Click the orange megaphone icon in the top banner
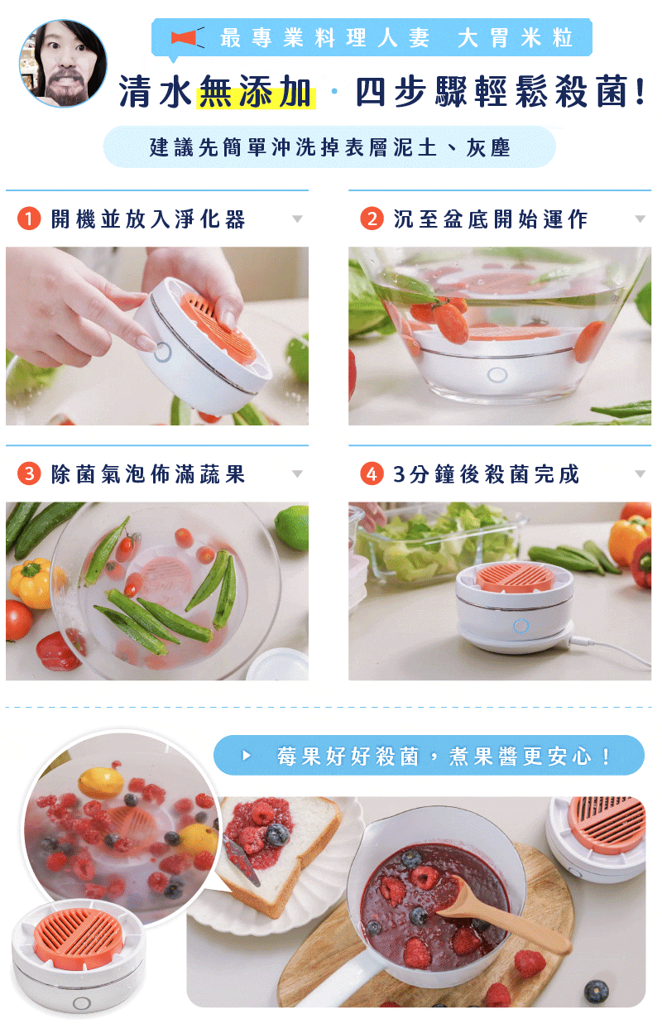point(187,37)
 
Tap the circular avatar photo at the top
point(63,63)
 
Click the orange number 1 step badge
point(29,219)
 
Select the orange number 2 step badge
point(372,219)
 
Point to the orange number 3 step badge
point(29,473)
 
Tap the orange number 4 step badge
point(372,473)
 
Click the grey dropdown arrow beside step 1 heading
point(297,219)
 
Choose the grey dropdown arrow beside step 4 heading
point(640,473)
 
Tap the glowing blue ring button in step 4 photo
point(521,626)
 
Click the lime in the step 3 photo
point(292,527)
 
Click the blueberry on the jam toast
point(277,834)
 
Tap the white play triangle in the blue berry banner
point(247,756)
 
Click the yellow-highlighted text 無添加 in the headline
point(256,92)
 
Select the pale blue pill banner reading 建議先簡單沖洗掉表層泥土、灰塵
point(329,147)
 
